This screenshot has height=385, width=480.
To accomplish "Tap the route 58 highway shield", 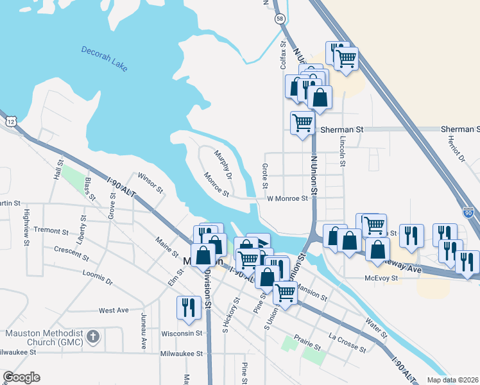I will (280, 19).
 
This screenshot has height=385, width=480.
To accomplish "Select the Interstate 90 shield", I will (468, 212).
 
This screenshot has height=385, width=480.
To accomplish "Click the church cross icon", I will (93, 336).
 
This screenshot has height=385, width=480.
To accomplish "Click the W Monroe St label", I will (287, 199).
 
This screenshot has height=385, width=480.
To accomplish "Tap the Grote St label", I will (264, 176).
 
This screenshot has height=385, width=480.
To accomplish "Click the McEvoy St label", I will (382, 278).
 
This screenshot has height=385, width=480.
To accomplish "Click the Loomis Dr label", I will (97, 277).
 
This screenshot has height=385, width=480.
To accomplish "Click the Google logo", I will (21, 377).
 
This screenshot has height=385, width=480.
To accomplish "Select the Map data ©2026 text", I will (452, 380).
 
